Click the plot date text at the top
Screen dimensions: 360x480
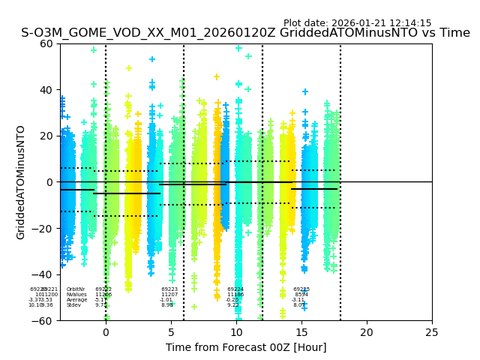point(357,23)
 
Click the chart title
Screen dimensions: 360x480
point(245,33)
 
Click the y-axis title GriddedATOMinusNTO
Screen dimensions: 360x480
point(21,182)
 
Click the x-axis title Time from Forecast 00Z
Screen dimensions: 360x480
point(246,347)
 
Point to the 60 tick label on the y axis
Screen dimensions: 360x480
point(46,43)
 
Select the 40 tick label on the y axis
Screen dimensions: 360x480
point(46,90)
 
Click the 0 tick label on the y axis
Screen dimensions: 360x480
point(49,182)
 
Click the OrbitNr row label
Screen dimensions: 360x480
point(76,289)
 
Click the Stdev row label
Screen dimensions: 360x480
point(73,305)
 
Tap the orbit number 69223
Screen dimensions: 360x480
point(169,289)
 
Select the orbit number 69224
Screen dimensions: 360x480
point(235,289)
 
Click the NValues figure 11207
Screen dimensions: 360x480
point(169,295)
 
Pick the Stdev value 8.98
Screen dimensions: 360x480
point(167,305)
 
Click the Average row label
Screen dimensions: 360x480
point(76,300)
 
